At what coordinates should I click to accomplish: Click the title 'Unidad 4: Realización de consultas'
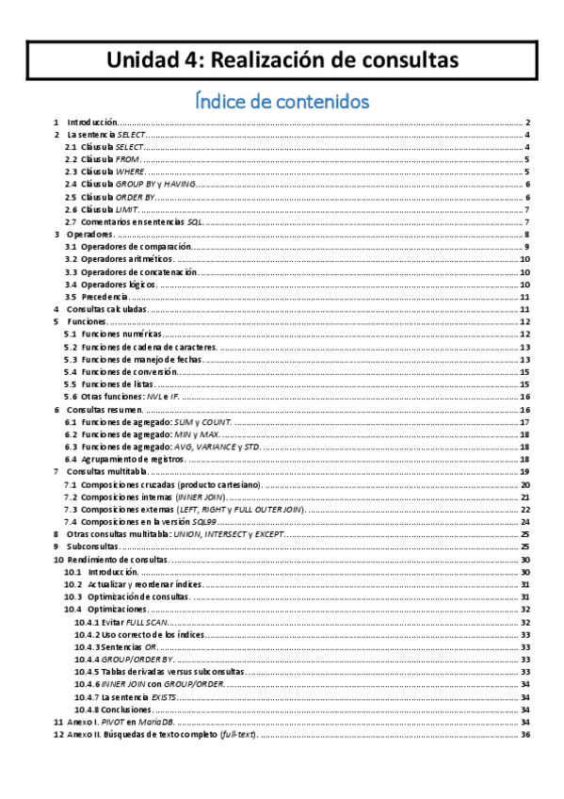click(282, 60)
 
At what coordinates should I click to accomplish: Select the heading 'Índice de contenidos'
click(282, 99)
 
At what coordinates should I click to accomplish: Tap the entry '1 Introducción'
click(91, 122)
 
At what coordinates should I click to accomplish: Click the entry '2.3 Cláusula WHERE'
click(114, 171)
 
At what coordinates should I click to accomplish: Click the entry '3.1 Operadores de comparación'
click(133, 246)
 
